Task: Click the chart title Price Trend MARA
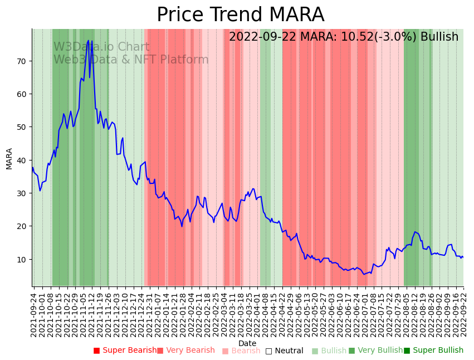pos(240,15)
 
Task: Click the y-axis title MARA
pos(9,158)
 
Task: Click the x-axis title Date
pos(247,343)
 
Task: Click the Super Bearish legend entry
pos(125,351)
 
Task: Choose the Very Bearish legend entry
pos(185,351)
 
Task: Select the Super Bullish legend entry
pos(433,351)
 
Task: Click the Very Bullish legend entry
pos(375,351)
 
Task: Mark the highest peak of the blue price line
pos(89,40)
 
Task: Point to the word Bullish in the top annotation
pos(439,37)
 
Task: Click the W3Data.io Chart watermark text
pos(101,47)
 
